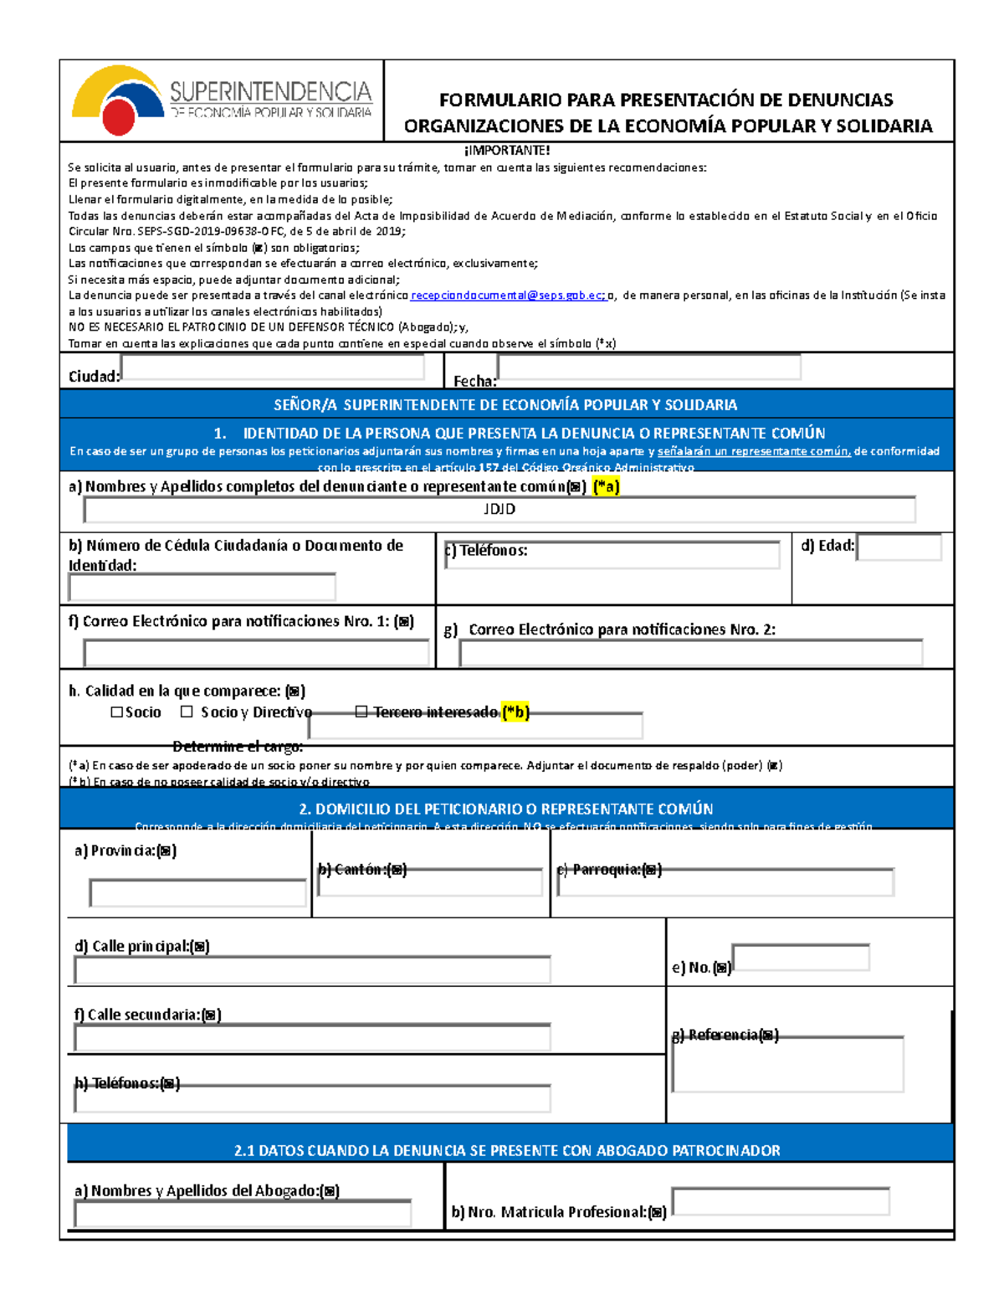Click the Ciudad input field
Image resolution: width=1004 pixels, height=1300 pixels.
(273, 367)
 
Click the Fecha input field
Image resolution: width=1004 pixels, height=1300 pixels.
(648, 367)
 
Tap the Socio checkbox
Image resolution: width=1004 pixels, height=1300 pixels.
(117, 712)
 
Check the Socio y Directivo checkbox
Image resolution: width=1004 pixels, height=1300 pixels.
(187, 712)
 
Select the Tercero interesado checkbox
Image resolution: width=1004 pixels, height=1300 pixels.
(361, 712)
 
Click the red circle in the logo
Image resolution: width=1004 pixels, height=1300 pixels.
(119, 118)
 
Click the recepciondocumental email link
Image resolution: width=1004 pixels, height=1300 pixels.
(507, 295)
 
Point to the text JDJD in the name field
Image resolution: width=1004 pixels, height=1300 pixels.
(499, 509)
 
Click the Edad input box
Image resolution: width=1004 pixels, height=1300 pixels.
(899, 547)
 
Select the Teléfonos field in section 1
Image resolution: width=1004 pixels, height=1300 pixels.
(612, 555)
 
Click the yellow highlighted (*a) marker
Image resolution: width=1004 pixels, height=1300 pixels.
(606, 486)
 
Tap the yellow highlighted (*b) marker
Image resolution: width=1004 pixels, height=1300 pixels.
(515, 712)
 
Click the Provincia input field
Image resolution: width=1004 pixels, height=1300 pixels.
(198, 893)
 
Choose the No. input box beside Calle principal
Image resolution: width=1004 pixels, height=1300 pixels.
(801, 958)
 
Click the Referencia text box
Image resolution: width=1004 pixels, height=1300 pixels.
(787, 1065)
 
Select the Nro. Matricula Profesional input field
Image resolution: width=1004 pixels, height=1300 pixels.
(780, 1201)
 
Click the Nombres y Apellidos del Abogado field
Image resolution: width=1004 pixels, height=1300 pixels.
(243, 1214)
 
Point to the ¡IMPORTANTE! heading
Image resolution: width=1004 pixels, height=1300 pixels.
(507, 151)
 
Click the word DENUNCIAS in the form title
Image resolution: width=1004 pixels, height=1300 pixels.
(826, 100)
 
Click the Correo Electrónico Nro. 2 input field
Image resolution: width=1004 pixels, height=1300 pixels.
(690, 653)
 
